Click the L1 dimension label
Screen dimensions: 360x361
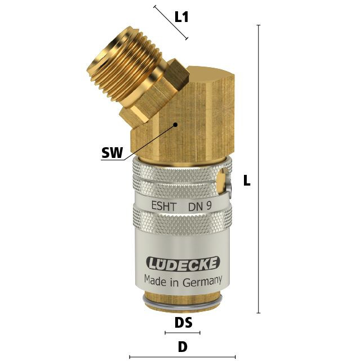(x=181, y=17)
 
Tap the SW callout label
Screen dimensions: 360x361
(x=112, y=152)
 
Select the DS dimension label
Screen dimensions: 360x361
(x=183, y=323)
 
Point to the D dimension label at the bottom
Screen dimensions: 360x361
(x=183, y=347)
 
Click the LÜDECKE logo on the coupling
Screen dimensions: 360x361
(x=183, y=263)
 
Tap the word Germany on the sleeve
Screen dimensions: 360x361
(x=202, y=281)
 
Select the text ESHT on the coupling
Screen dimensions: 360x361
(x=164, y=206)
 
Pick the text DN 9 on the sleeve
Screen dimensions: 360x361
(x=200, y=206)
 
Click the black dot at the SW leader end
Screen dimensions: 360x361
(x=175, y=125)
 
